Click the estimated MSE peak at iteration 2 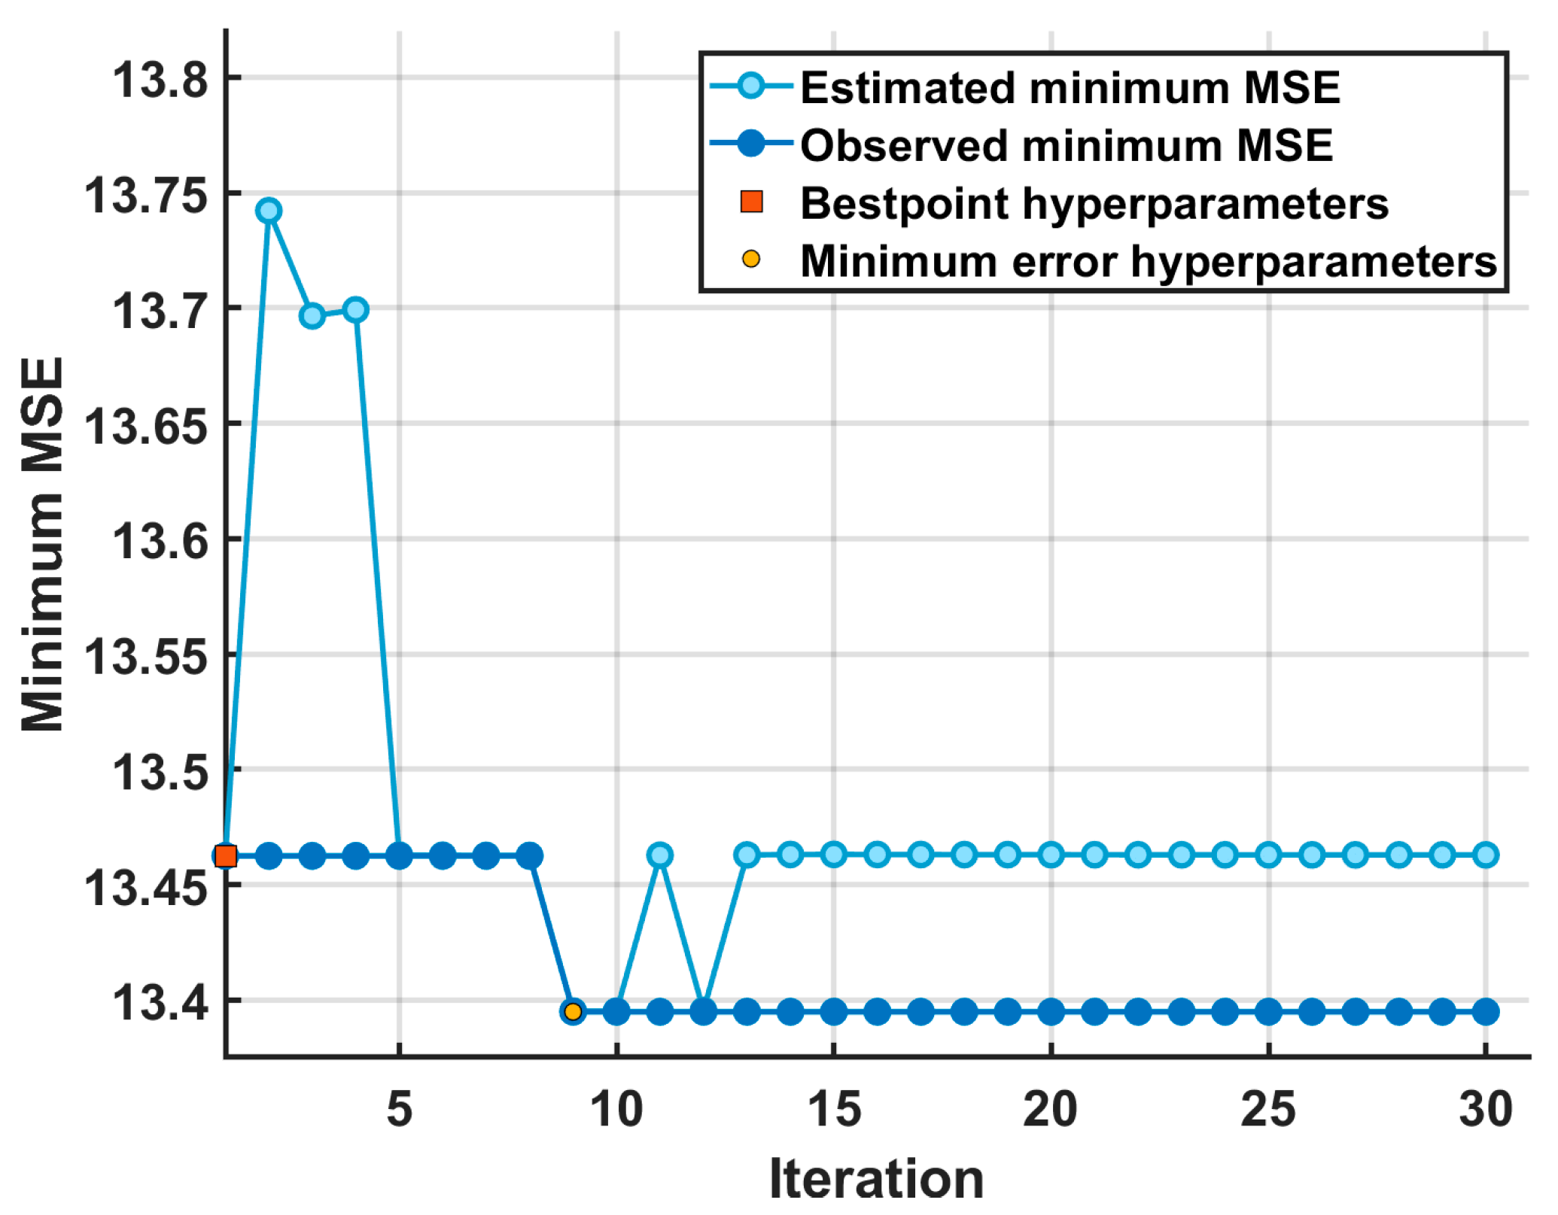(x=269, y=211)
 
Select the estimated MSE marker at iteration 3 (x=312, y=315)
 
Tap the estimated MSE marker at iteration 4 (x=356, y=309)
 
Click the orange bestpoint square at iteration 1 (x=226, y=855)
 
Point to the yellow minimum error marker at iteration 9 (x=573, y=1012)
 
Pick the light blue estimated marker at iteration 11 (x=660, y=855)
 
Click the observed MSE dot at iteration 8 (x=530, y=855)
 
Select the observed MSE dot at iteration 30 (x=1486, y=1012)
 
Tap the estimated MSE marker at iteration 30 (x=1486, y=855)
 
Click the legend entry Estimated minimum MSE (x=1070, y=88)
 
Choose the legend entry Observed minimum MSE (x=1066, y=145)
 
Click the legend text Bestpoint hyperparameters (x=1094, y=203)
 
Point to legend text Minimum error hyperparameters (x=1149, y=261)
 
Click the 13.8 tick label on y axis (x=160, y=79)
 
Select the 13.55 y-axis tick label (x=146, y=655)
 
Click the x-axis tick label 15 (x=834, y=1109)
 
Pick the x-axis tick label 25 (x=1268, y=1109)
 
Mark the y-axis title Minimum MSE (x=43, y=544)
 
